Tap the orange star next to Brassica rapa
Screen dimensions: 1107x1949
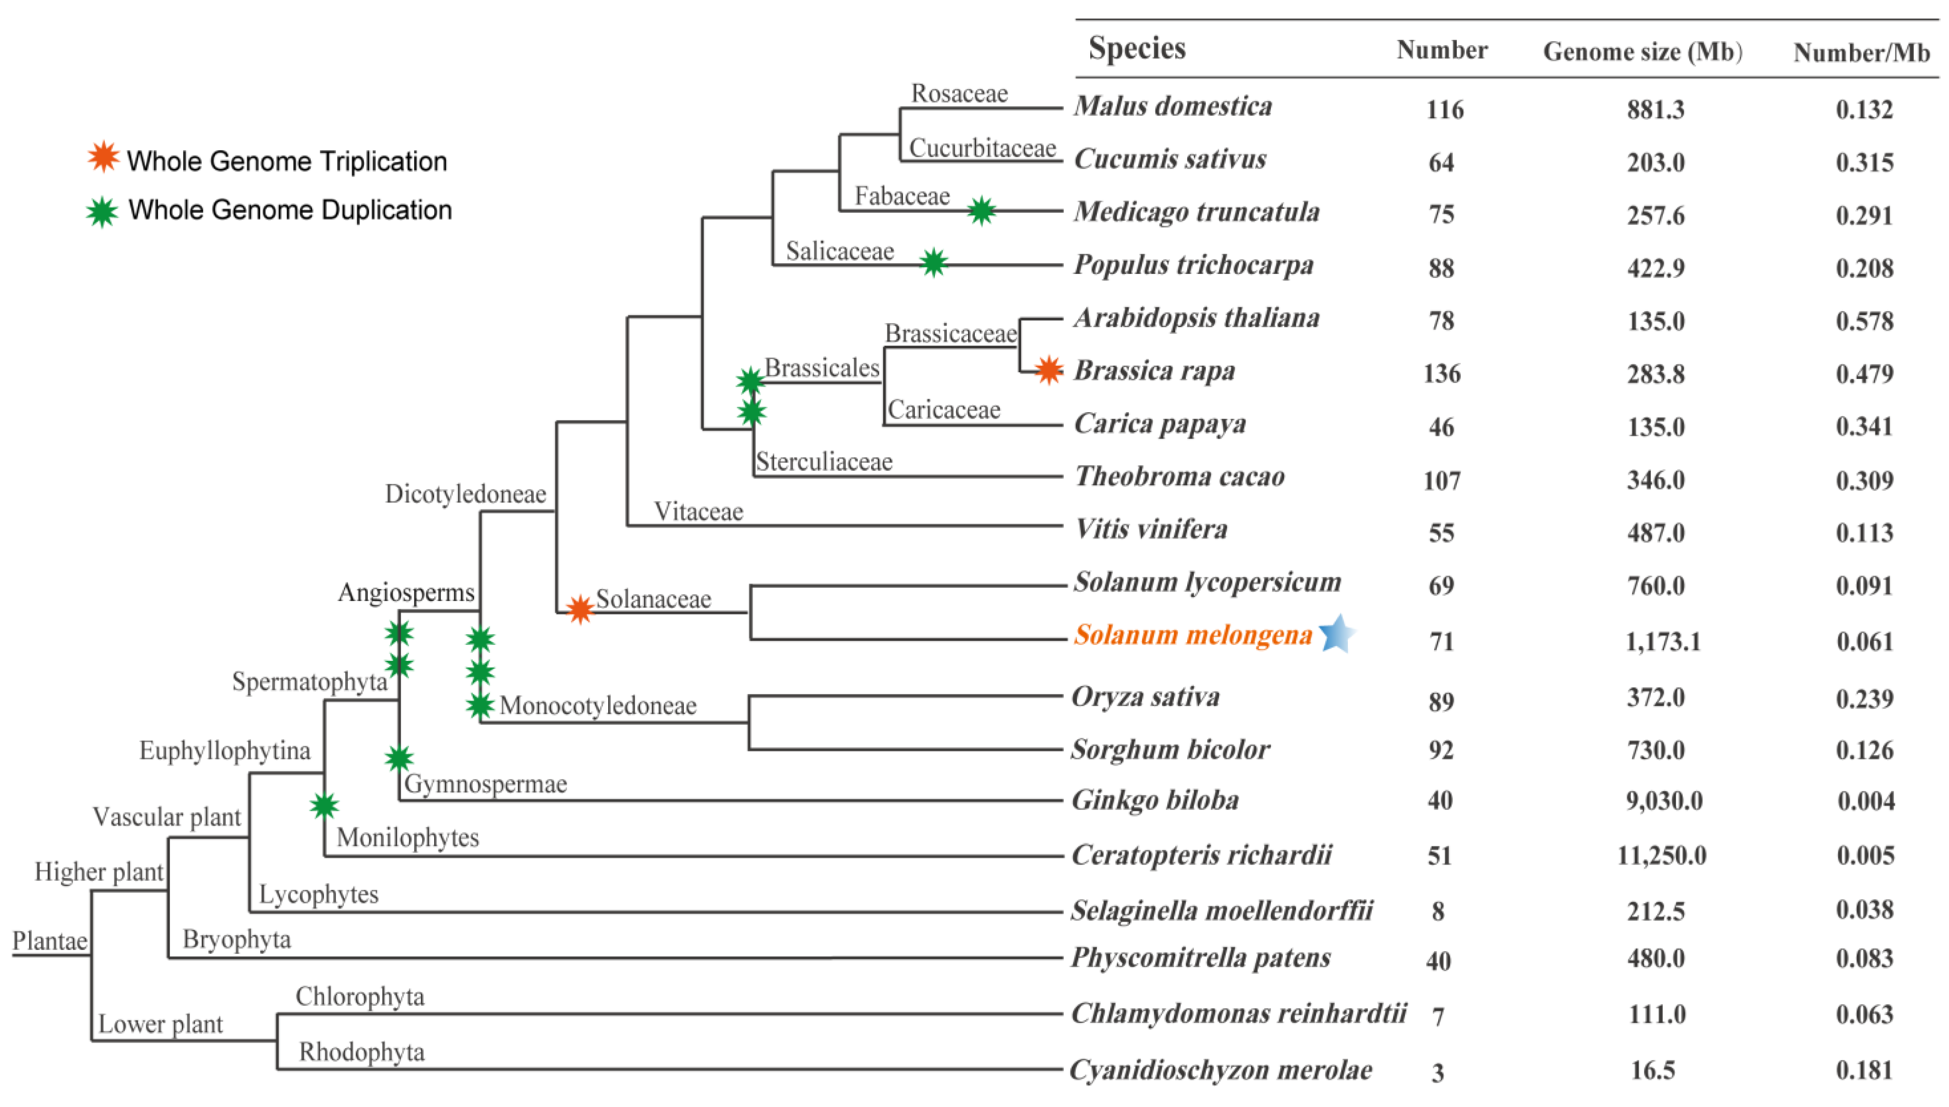point(1048,370)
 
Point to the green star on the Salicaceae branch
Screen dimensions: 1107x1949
point(934,263)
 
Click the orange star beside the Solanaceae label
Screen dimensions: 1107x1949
point(580,609)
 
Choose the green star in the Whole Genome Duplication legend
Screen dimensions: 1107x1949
point(102,212)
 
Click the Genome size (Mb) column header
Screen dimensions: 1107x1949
point(1642,52)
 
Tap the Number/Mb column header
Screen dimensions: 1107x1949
point(1861,53)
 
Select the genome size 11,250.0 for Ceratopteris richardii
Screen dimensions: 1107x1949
point(1661,855)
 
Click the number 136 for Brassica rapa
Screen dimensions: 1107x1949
point(1441,373)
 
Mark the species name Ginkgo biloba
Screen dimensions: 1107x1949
point(1154,800)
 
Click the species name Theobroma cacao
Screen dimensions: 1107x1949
point(1179,477)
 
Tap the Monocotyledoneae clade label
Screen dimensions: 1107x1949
point(598,706)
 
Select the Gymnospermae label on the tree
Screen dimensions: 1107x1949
point(486,784)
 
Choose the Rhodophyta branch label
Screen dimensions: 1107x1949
point(362,1052)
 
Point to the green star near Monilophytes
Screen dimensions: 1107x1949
point(324,805)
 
